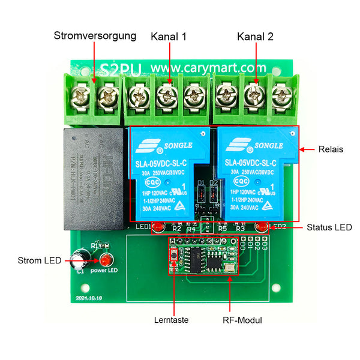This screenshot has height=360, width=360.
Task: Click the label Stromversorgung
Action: click(x=95, y=35)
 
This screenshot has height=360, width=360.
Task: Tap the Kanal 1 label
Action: click(x=169, y=36)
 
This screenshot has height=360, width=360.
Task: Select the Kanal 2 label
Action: click(x=255, y=36)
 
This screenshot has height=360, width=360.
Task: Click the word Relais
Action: click(x=331, y=149)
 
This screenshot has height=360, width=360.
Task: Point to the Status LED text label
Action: click(x=329, y=227)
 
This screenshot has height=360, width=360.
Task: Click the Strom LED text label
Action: click(x=39, y=260)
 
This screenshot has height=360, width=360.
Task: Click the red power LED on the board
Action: click(x=106, y=261)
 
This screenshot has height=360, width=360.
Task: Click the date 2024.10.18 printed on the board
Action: click(x=90, y=297)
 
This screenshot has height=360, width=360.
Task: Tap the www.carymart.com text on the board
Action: click(x=208, y=68)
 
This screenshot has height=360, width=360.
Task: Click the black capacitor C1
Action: click(x=78, y=262)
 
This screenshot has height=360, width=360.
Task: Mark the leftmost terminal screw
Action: click(x=79, y=94)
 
